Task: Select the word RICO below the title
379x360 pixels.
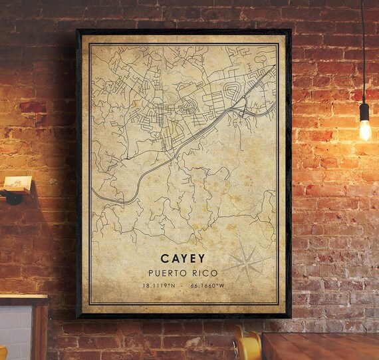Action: tap(203, 273)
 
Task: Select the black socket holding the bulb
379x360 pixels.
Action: tap(364, 110)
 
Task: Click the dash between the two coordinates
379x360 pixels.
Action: tap(183, 285)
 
